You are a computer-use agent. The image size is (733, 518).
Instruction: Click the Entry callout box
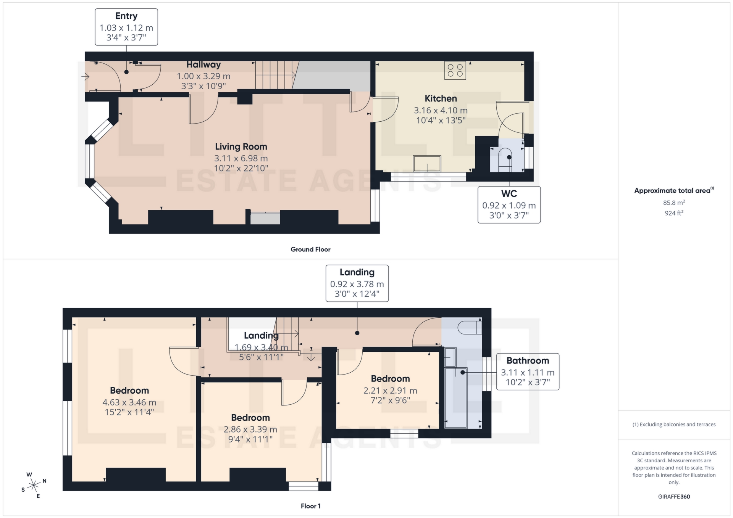(x=126, y=27)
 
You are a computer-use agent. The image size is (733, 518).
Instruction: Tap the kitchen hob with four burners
(x=455, y=71)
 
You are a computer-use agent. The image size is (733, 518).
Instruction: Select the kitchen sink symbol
(x=427, y=164)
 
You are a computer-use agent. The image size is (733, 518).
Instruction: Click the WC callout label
(x=509, y=205)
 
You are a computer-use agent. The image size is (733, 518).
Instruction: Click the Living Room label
(x=241, y=147)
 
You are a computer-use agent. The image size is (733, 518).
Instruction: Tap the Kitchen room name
(x=441, y=98)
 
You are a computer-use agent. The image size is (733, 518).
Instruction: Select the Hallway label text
(x=203, y=65)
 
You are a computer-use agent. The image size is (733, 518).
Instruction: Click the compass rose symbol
(x=34, y=486)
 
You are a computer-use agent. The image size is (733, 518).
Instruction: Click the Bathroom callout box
(x=528, y=372)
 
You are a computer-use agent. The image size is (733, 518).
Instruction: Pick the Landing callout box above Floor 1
(x=357, y=283)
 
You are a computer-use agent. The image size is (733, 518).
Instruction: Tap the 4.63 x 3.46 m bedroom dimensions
(x=129, y=402)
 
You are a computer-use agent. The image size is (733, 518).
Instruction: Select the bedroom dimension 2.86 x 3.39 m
(x=250, y=430)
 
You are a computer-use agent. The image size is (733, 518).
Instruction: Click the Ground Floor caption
(x=310, y=249)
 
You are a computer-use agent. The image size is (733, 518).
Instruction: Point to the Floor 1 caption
(x=310, y=506)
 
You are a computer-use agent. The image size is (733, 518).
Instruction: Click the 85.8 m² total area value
(x=674, y=203)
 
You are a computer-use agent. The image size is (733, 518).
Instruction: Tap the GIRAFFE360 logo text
(x=674, y=497)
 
